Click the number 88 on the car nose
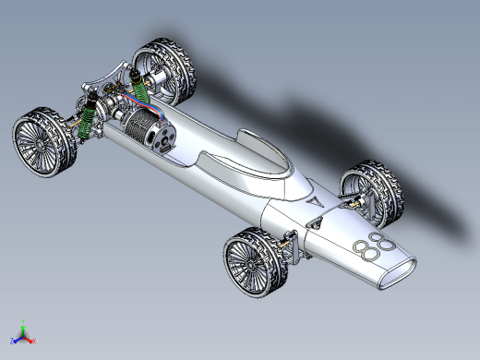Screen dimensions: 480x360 (374, 246)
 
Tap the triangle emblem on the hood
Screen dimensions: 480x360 (315, 202)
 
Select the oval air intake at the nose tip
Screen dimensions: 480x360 (398, 273)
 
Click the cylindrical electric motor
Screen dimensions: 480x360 (150, 130)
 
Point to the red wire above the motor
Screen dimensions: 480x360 (145, 102)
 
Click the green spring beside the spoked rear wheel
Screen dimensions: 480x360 (87, 117)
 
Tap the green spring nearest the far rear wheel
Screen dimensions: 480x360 (140, 89)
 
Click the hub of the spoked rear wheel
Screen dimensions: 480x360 (39, 144)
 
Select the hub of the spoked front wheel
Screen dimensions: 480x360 (251, 264)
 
